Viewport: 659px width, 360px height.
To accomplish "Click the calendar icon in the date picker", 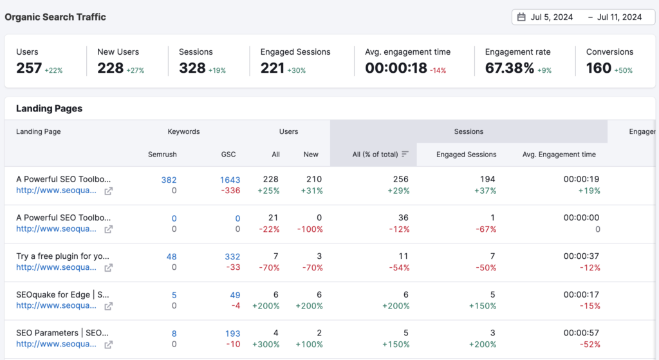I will pos(521,17).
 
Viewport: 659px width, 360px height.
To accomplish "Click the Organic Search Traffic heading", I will pos(55,17).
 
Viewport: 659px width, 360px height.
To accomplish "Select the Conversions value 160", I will pos(599,68).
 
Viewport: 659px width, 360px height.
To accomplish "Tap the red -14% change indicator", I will pos(439,70).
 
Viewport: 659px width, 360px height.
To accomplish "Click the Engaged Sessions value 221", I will pos(272,68).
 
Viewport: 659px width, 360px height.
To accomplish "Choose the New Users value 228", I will pos(110,68).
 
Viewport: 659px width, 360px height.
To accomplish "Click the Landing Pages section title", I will pos(49,109).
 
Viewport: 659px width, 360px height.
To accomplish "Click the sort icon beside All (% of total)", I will pos(405,155).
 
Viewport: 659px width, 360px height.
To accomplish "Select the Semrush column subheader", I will pos(162,155).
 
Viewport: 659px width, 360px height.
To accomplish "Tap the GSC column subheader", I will pos(228,155).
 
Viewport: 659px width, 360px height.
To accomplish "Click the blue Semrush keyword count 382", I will pos(169,180).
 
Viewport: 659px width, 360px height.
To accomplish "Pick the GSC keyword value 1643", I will pos(230,180).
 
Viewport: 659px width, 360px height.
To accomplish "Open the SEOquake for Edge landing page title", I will pos(63,294).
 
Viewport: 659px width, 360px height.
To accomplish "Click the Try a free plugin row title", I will pos(63,256).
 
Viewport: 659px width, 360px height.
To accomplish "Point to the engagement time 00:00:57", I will pos(581,333).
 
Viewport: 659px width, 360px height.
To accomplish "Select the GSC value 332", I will pos(232,257).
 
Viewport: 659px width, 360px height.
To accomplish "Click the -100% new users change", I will pos(310,229).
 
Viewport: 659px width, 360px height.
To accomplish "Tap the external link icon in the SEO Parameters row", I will pos(109,344).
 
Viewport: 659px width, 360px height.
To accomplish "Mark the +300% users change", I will pos(266,344).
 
